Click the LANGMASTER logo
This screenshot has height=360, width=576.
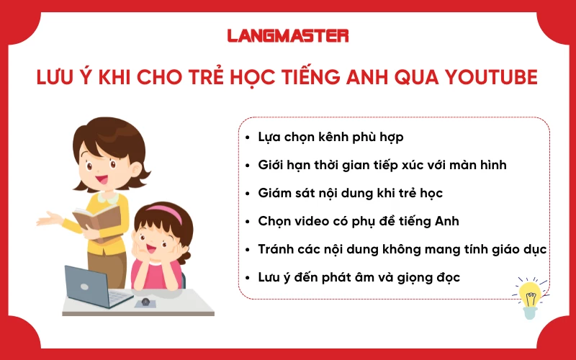288,35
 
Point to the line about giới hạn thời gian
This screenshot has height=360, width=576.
382,165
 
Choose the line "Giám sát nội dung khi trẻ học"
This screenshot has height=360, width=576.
350,193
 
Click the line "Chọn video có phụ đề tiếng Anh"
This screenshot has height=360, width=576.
359,221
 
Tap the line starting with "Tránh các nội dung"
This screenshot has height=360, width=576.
402,249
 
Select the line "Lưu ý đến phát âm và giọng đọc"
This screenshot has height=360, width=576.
359,277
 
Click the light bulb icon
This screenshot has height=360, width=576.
530,297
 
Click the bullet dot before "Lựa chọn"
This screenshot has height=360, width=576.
248,137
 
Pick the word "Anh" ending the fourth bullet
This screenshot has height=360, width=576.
445,221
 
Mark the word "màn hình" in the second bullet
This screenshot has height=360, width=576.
482,165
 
